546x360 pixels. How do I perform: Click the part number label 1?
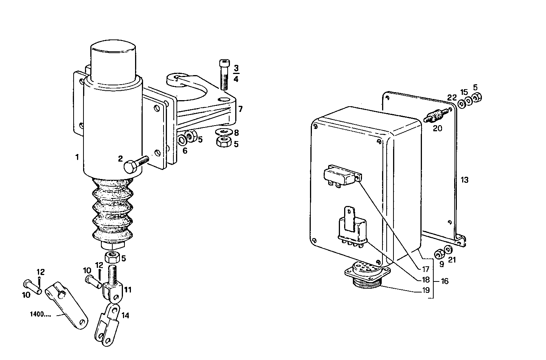(77, 157)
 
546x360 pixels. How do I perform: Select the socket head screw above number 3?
(223, 74)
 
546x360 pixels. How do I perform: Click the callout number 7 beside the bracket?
(240, 110)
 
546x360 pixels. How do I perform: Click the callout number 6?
(185, 151)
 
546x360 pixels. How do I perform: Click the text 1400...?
(40, 314)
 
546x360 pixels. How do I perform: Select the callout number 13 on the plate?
(464, 180)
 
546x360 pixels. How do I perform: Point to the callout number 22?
(451, 98)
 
